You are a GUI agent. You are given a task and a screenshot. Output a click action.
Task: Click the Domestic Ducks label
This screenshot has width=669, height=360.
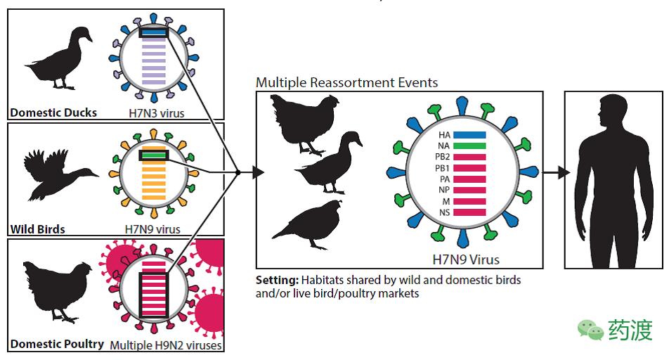point(53,112)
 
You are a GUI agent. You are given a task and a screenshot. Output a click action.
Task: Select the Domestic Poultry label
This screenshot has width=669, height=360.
point(57,345)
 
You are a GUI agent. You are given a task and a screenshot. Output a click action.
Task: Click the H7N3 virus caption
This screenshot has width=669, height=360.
point(157,112)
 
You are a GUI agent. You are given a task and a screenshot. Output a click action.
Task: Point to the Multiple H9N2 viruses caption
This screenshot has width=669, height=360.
point(166,345)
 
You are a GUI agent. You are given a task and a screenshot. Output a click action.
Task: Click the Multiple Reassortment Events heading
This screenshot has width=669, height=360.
point(346,82)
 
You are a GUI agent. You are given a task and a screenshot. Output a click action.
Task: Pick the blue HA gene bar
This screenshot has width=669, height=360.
point(469,134)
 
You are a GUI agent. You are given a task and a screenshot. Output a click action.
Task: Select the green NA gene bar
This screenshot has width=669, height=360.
point(469,146)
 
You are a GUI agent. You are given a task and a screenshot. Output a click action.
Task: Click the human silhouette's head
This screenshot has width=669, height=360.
point(609,112)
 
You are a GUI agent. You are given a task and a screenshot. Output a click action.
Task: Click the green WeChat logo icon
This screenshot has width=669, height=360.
point(590,329)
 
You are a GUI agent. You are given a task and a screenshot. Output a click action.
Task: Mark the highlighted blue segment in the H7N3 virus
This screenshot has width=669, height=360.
point(152,32)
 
